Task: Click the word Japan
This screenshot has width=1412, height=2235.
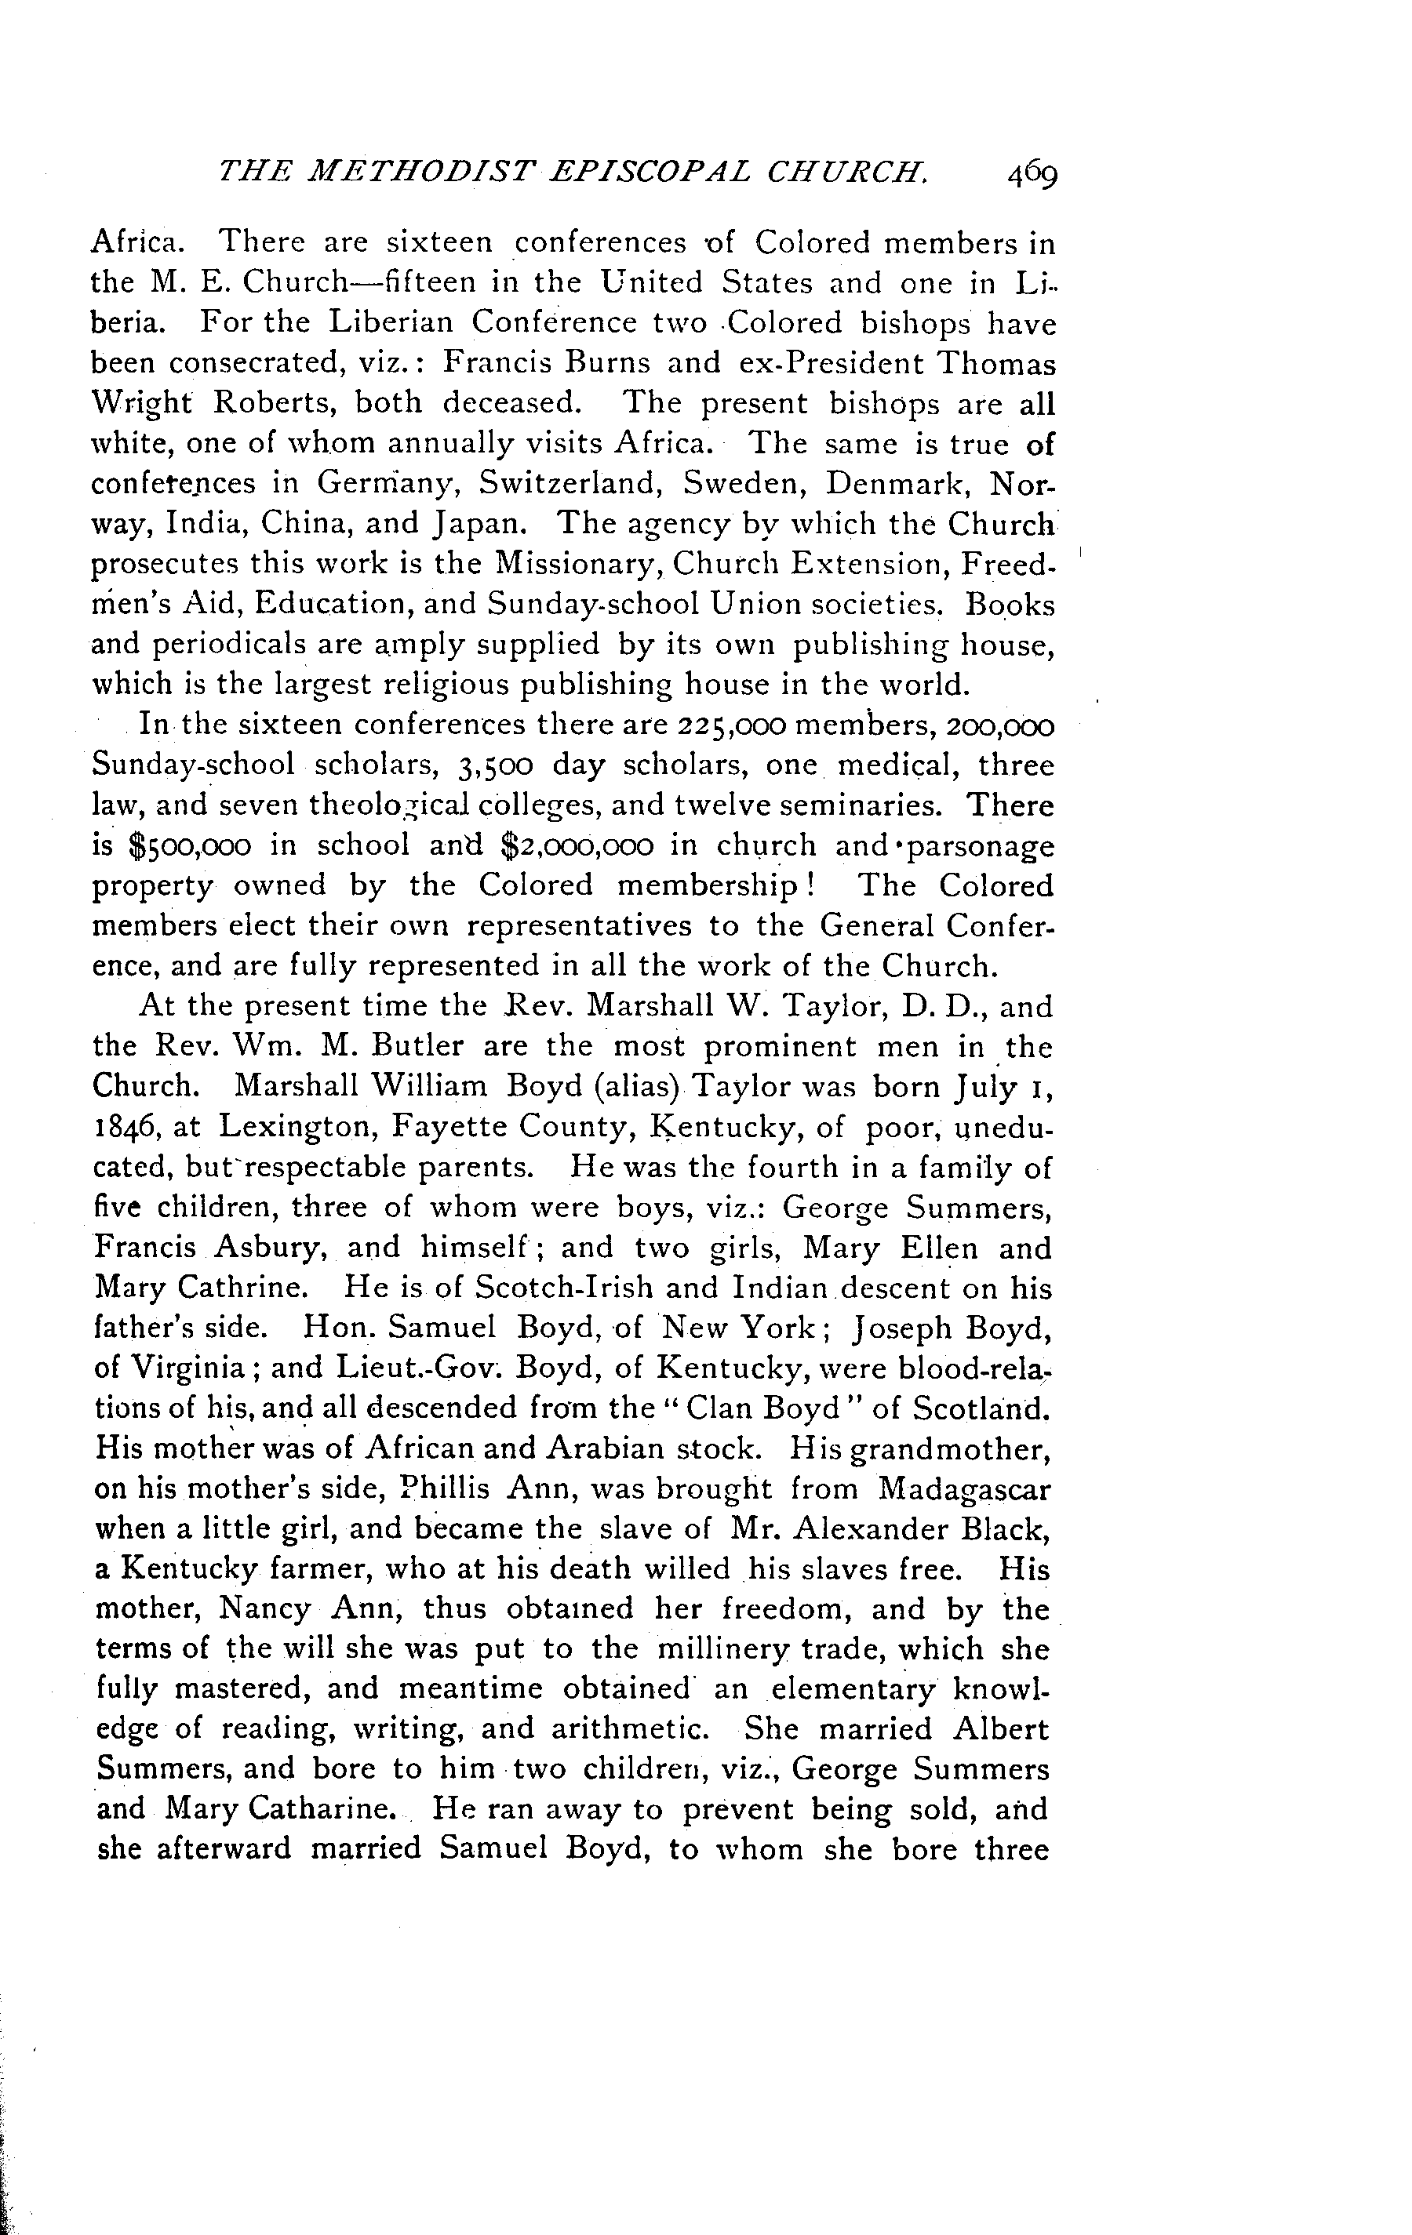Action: (x=480, y=525)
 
